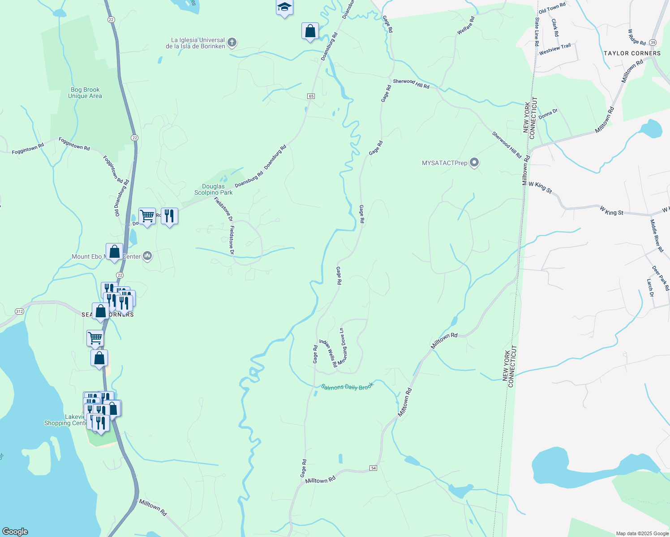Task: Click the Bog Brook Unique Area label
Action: click(x=85, y=93)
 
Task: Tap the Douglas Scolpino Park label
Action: click(x=213, y=189)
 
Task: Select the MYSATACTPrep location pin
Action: click(x=474, y=162)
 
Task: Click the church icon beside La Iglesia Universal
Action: click(x=232, y=43)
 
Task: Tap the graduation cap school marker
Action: click(x=284, y=8)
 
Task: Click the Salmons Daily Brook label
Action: click(x=347, y=387)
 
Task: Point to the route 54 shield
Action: click(x=374, y=468)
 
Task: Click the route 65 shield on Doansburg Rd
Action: click(x=311, y=96)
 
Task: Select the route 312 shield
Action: click(x=19, y=311)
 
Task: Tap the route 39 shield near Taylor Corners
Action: click(x=653, y=42)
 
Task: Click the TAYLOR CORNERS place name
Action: click(x=632, y=53)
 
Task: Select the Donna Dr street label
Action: click(x=548, y=114)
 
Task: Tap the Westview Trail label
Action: click(x=555, y=49)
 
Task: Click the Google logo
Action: click(x=14, y=532)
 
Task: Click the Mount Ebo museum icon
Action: click(x=147, y=256)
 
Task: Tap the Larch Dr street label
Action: click(x=650, y=288)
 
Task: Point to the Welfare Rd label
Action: click(x=466, y=26)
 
